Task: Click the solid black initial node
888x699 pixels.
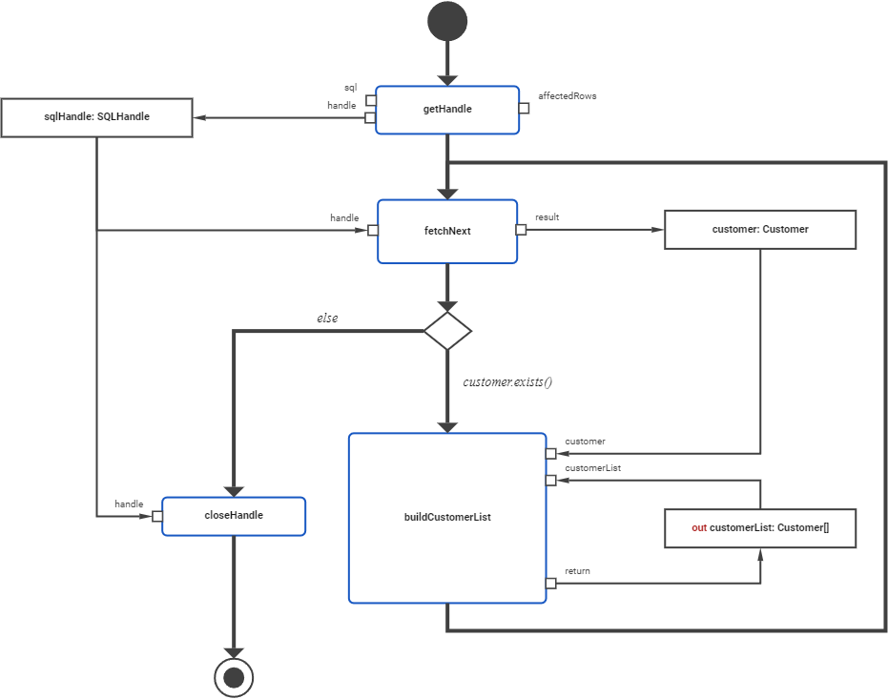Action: [x=447, y=21]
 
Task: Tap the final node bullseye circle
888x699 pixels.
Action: [x=234, y=678]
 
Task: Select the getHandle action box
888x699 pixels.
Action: [x=447, y=110]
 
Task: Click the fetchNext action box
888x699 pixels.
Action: [x=447, y=231]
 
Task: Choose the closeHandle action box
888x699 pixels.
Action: [x=234, y=516]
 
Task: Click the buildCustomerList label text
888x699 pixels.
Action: [x=447, y=518]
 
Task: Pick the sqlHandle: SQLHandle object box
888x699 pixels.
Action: [x=96, y=117]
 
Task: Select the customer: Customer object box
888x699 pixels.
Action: [x=759, y=230]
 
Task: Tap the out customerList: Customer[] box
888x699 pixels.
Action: [x=759, y=527]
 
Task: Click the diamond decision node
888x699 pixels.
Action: [x=447, y=331]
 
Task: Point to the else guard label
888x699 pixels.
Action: [x=327, y=318]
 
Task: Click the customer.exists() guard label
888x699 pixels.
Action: [x=508, y=382]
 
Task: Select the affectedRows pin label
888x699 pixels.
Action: [x=567, y=96]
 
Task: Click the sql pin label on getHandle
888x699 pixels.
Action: [x=350, y=88]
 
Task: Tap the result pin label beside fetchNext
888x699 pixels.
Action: [x=547, y=217]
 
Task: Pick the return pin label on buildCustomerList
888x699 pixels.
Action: [x=577, y=571]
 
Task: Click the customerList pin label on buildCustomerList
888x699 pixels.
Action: [x=593, y=468]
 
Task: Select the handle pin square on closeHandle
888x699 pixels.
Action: [x=157, y=516]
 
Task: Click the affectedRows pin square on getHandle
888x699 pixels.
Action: [x=524, y=108]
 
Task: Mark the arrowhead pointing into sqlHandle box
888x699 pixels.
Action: [x=200, y=118]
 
